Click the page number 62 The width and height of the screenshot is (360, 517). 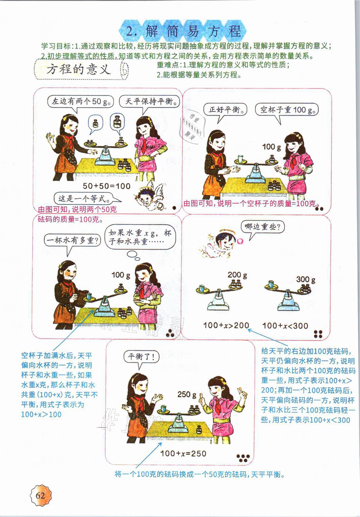click(x=40, y=496)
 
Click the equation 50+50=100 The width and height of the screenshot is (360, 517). click(x=107, y=186)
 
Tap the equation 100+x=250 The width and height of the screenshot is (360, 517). click(x=183, y=453)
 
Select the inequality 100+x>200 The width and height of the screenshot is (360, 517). click(x=226, y=325)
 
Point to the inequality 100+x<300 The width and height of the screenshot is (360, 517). click(x=285, y=326)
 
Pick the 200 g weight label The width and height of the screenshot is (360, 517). click(x=237, y=275)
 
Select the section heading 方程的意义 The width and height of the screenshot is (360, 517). click(x=79, y=70)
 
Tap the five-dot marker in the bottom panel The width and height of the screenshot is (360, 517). click(x=243, y=458)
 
